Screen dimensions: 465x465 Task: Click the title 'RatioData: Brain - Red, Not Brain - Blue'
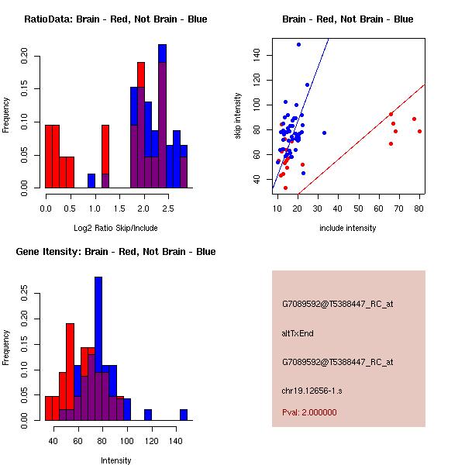[x=115, y=19]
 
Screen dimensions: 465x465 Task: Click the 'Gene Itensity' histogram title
[x=115, y=252]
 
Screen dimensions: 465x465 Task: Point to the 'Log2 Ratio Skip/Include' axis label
[x=115, y=228]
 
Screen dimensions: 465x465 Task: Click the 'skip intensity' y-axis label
[x=238, y=116]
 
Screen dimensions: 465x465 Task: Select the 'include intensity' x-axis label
[x=348, y=228]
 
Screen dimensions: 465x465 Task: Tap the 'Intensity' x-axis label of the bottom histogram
[x=115, y=460]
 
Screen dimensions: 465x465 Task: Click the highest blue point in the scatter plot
[x=298, y=45]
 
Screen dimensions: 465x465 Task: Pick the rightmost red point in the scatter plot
[x=419, y=131]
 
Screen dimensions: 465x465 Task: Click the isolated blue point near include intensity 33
[x=324, y=133]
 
